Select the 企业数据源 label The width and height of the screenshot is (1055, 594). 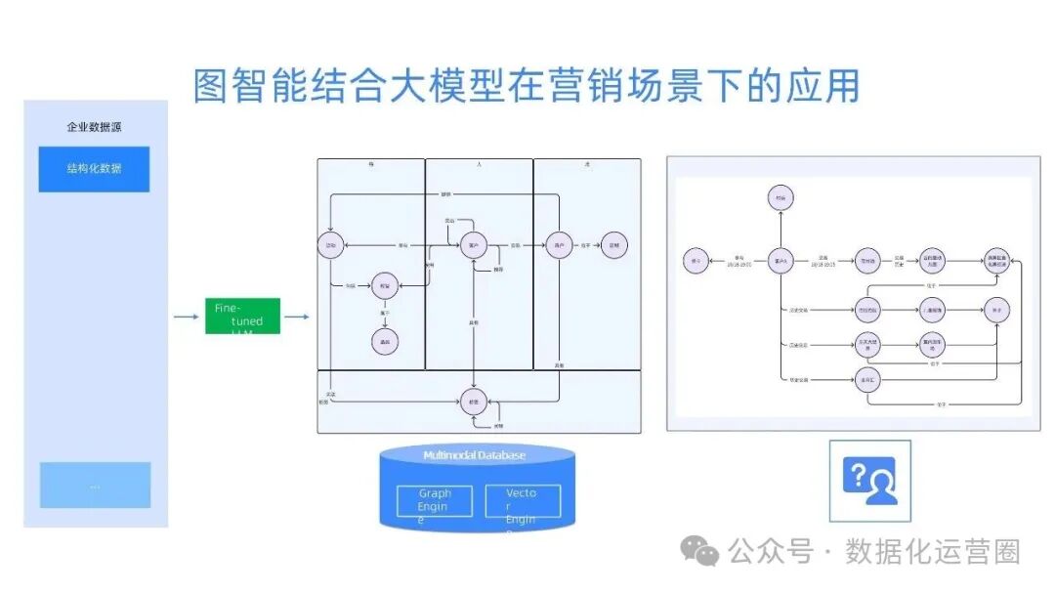pyautogui.click(x=94, y=127)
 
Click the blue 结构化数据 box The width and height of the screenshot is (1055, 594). pyautogui.click(x=94, y=169)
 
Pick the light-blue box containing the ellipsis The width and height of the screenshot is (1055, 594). pyautogui.click(x=95, y=485)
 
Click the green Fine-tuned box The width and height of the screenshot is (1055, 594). pyautogui.click(x=242, y=317)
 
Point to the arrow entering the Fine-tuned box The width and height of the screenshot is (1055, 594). pyautogui.click(x=186, y=317)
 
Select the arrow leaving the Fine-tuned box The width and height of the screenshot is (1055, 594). pyautogui.click(x=297, y=317)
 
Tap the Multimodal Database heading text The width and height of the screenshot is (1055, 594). pyautogui.click(x=474, y=455)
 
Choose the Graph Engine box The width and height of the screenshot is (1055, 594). pyautogui.click(x=434, y=502)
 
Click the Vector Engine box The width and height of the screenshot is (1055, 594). pyautogui.click(x=523, y=502)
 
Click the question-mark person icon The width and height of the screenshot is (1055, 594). pyautogui.click(x=869, y=481)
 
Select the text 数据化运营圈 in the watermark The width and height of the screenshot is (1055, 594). pyautogui.click(x=933, y=552)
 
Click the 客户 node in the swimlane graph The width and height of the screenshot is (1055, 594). pyautogui.click(x=474, y=244)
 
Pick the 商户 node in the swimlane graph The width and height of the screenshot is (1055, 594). pyautogui.click(x=559, y=244)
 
